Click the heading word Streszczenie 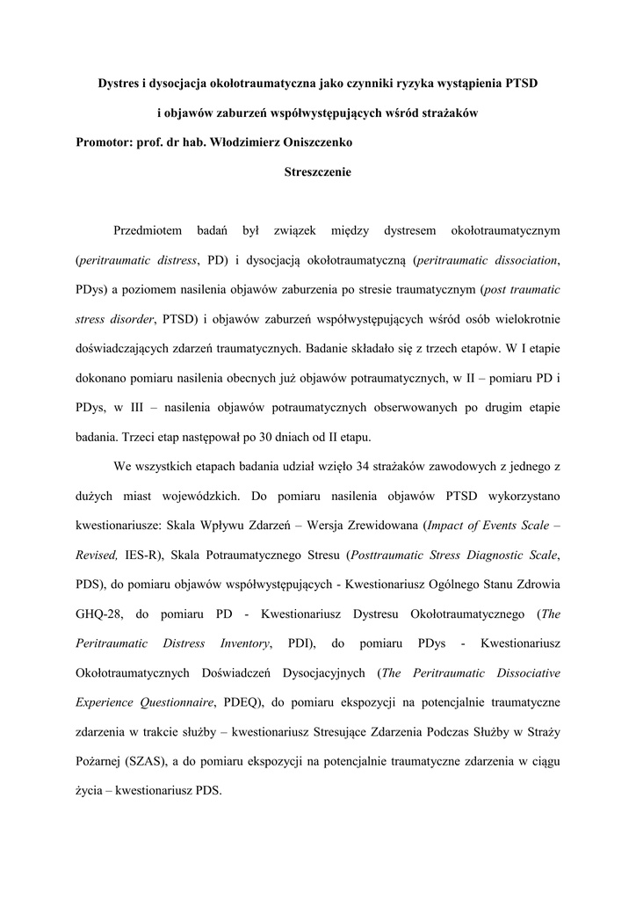click(x=318, y=173)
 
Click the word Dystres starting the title click(x=118, y=83)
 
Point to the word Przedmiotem click(x=148, y=231)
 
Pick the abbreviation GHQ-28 click(x=99, y=613)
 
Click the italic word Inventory click(x=244, y=643)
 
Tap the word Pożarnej click(x=103, y=761)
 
